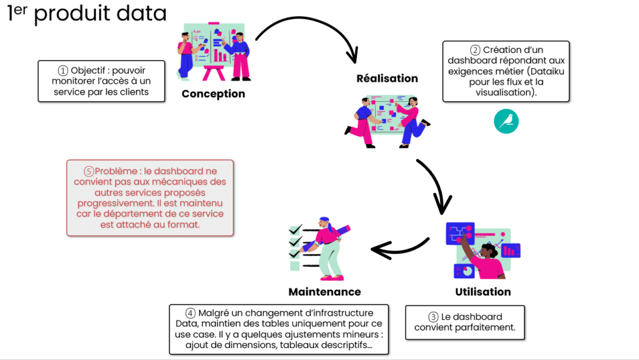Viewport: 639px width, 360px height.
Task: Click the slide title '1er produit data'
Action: (x=87, y=14)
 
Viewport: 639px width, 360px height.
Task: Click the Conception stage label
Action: (x=213, y=94)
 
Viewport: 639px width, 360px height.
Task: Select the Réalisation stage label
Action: (x=387, y=79)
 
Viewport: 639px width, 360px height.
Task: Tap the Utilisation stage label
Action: (x=482, y=292)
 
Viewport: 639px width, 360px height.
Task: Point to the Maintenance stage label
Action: (x=324, y=292)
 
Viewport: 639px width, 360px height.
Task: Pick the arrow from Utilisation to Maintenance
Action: (x=399, y=246)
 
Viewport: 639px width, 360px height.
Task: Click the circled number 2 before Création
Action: (x=476, y=51)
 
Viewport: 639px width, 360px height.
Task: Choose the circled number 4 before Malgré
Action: (x=190, y=313)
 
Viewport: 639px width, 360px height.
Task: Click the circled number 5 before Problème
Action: (x=89, y=171)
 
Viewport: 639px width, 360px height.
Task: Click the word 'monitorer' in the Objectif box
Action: (x=71, y=82)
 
